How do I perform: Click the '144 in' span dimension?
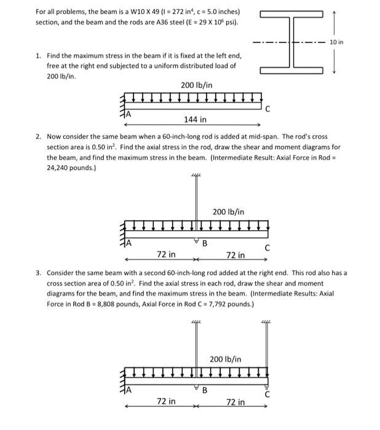pyautogui.click(x=195, y=119)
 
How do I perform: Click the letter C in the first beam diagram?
pyautogui.click(x=267, y=108)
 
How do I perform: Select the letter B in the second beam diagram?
pyautogui.click(x=205, y=243)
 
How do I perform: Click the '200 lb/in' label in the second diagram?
pyautogui.click(x=228, y=212)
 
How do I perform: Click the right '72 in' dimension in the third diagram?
pyautogui.click(x=235, y=402)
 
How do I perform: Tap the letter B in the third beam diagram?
pyautogui.click(x=205, y=391)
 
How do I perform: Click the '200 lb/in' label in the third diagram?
pyautogui.click(x=225, y=359)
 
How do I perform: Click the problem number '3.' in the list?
pyautogui.click(x=38, y=272)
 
